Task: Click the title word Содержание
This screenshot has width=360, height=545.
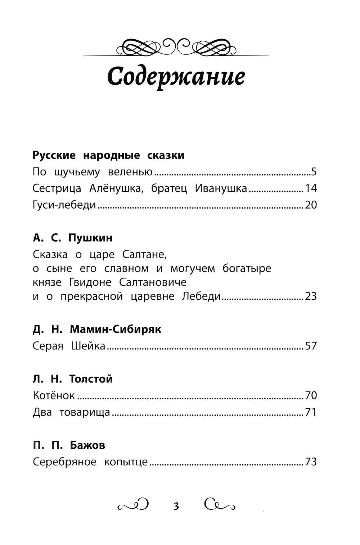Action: click(x=176, y=77)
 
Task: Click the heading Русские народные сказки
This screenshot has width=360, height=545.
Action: click(x=108, y=155)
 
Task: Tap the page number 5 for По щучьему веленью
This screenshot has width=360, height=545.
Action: click(x=314, y=172)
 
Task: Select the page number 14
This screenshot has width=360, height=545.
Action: click(x=311, y=188)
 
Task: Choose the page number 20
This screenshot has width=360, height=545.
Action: click(x=311, y=205)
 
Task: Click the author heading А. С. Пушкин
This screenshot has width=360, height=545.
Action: click(x=73, y=238)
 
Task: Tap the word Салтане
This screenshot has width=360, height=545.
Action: click(x=145, y=255)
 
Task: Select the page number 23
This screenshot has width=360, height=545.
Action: click(x=311, y=296)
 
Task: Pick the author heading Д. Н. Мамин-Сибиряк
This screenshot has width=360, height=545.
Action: click(x=97, y=329)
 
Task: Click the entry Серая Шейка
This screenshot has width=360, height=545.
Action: click(x=69, y=346)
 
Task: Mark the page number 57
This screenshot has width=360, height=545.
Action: click(x=311, y=346)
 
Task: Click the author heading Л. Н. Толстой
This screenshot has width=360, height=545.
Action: click(x=73, y=379)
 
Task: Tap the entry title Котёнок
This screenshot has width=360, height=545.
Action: click(x=54, y=396)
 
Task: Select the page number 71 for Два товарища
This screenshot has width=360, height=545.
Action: click(x=311, y=412)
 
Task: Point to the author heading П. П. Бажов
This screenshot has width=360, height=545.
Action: click(x=69, y=445)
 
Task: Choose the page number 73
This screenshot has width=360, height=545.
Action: click(x=311, y=462)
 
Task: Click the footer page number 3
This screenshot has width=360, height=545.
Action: click(x=176, y=506)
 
